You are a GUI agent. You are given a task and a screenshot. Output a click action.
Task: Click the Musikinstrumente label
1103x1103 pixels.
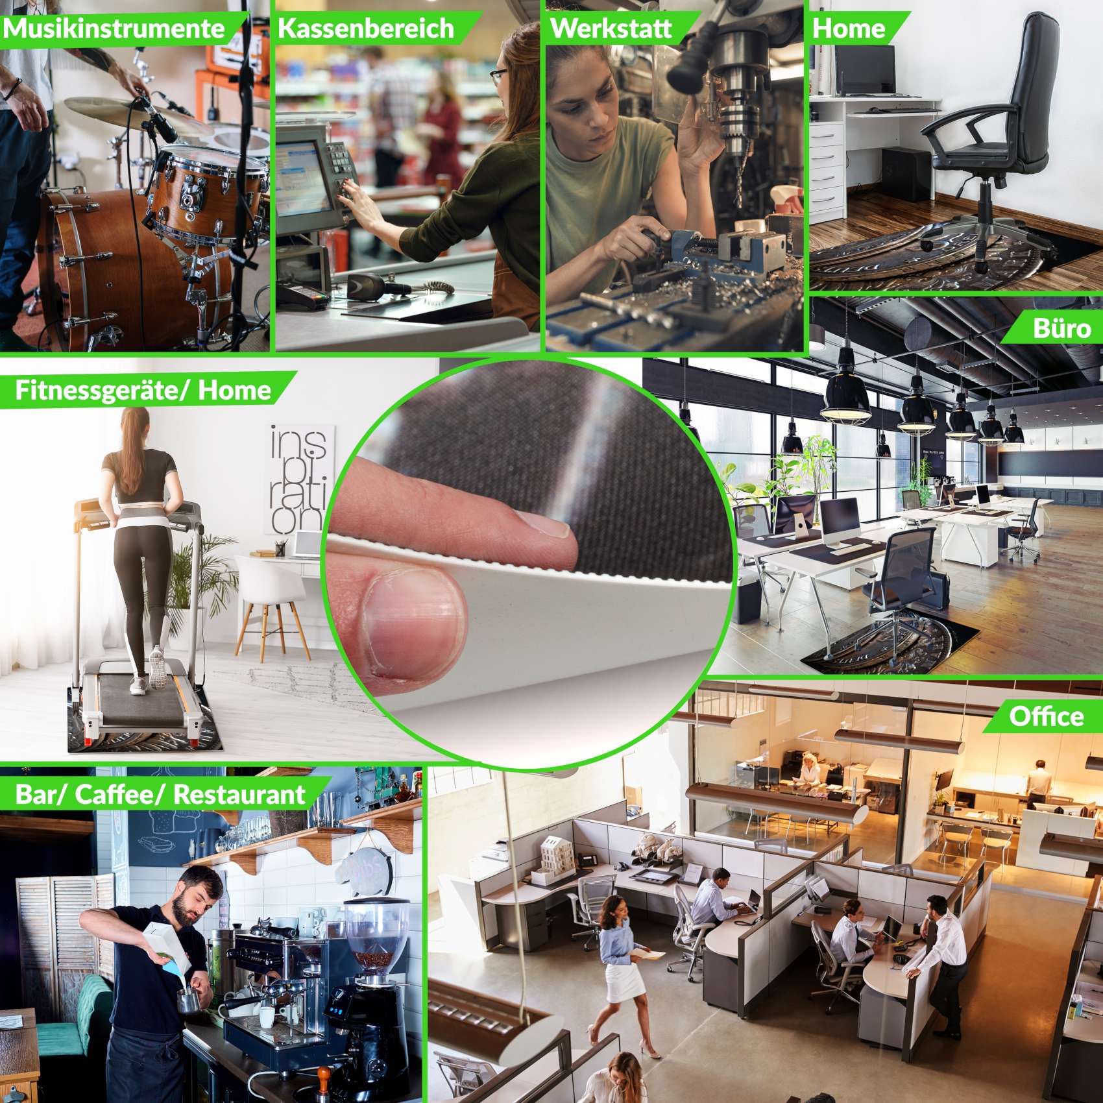click(114, 29)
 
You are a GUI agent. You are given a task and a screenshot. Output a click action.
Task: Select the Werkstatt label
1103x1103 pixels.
click(611, 29)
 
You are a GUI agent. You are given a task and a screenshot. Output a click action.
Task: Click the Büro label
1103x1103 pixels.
click(1061, 328)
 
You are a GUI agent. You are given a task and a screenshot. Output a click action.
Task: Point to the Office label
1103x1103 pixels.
click(1046, 716)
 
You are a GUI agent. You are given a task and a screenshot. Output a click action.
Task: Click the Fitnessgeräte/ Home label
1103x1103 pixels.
click(143, 390)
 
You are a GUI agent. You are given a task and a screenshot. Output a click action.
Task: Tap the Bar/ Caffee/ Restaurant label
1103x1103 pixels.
click(160, 794)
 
